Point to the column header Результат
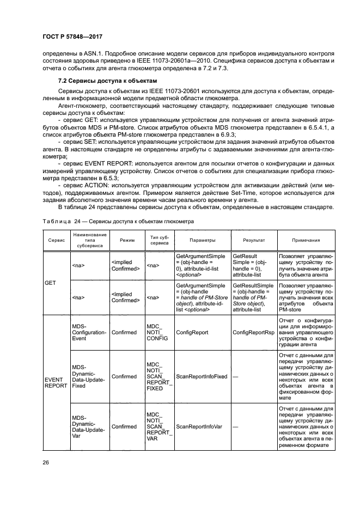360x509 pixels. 254,240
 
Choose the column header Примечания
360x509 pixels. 306,240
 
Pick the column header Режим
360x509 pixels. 125,240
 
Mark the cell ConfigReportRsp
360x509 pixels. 253,330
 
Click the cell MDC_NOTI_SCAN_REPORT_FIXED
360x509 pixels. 158,377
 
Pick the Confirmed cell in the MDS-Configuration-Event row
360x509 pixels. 124,330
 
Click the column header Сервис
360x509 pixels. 56,240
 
